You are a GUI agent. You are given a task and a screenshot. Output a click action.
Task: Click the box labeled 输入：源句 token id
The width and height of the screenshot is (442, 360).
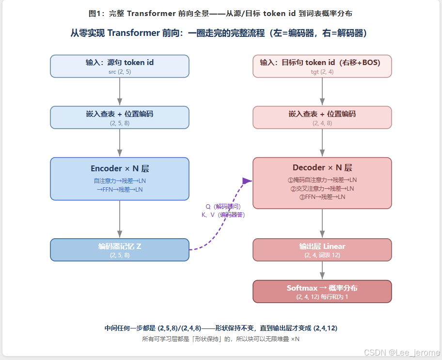(120, 66)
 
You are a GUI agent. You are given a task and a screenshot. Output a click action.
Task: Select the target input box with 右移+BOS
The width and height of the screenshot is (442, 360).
(322, 66)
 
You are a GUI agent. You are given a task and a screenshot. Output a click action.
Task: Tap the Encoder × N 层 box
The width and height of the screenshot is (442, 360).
(120, 179)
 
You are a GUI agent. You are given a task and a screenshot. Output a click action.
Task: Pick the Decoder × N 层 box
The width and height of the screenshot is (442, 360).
(322, 183)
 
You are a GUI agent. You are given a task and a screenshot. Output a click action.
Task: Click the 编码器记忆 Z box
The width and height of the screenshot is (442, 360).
(120, 250)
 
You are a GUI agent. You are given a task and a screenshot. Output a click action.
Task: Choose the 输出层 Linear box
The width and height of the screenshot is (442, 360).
(322, 250)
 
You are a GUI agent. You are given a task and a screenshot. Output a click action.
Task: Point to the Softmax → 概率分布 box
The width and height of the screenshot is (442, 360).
(322, 292)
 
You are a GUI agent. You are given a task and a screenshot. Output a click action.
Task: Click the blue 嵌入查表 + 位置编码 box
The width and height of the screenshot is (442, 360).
(120, 117)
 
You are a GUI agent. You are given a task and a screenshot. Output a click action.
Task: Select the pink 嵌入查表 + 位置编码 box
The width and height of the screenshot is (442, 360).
(322, 117)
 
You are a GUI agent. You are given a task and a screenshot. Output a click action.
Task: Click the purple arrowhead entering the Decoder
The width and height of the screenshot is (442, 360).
(247, 181)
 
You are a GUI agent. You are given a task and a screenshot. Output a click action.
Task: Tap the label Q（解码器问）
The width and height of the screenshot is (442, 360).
(223, 207)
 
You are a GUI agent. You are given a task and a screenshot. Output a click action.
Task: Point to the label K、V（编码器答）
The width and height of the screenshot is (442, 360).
(223, 215)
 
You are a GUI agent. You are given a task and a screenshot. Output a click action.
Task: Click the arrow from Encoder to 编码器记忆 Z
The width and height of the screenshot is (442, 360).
(120, 219)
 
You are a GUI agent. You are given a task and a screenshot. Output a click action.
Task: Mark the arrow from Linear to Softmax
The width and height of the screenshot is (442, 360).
(322, 271)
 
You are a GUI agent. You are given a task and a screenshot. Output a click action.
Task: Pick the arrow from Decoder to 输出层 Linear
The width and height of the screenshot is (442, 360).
(322, 224)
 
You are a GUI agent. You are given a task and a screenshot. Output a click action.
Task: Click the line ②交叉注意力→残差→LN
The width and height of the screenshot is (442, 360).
(322, 188)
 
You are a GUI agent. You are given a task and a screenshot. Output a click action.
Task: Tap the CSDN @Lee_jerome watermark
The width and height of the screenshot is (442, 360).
(402, 352)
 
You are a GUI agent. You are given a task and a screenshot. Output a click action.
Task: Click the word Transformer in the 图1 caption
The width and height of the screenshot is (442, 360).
(151, 14)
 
